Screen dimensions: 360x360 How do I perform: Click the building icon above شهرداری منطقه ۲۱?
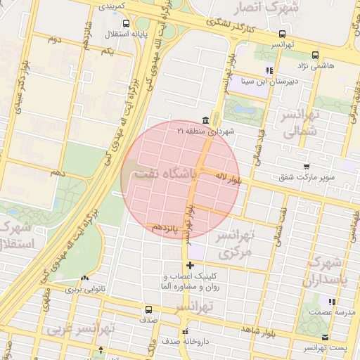205,120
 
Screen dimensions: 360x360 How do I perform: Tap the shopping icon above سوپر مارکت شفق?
306,167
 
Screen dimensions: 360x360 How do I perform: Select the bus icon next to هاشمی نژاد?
314,53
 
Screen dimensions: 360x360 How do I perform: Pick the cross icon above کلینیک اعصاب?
190,266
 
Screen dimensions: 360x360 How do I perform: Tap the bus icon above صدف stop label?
148,309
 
